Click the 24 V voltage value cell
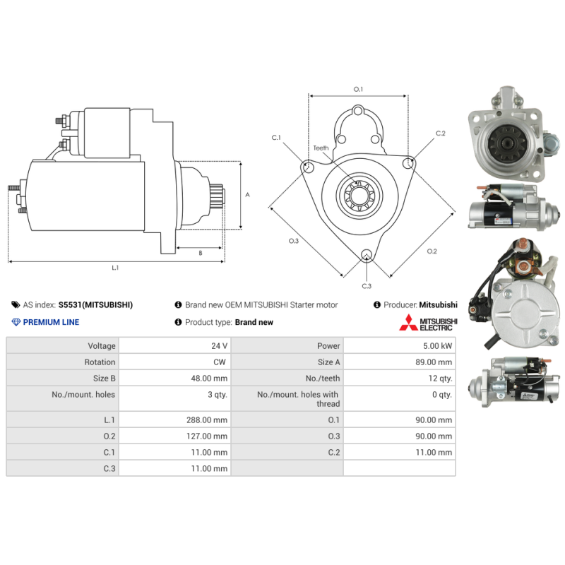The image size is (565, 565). click(x=219, y=346)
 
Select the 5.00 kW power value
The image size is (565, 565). click(x=437, y=346)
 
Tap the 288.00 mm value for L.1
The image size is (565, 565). click(x=207, y=420)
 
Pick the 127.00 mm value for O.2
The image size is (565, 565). click(x=207, y=436)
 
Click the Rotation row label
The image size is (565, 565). click(x=100, y=362)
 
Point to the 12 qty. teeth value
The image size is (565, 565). click(x=440, y=379)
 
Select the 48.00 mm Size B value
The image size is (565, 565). click(x=209, y=379)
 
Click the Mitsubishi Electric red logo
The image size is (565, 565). click(x=408, y=323)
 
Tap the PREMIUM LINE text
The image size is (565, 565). click(x=51, y=322)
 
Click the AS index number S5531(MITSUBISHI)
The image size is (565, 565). click(x=95, y=305)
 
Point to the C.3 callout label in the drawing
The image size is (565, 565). click(x=367, y=286)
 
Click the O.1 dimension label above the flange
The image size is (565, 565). click(x=358, y=89)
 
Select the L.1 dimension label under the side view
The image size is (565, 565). click(x=115, y=268)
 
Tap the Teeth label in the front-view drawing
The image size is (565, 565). click(x=321, y=148)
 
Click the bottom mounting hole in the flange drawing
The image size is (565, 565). click(x=367, y=254)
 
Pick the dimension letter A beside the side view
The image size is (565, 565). click(x=247, y=195)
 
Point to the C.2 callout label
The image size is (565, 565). click(x=440, y=133)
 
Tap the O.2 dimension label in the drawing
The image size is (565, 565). click(x=432, y=251)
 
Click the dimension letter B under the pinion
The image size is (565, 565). click(x=201, y=254)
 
